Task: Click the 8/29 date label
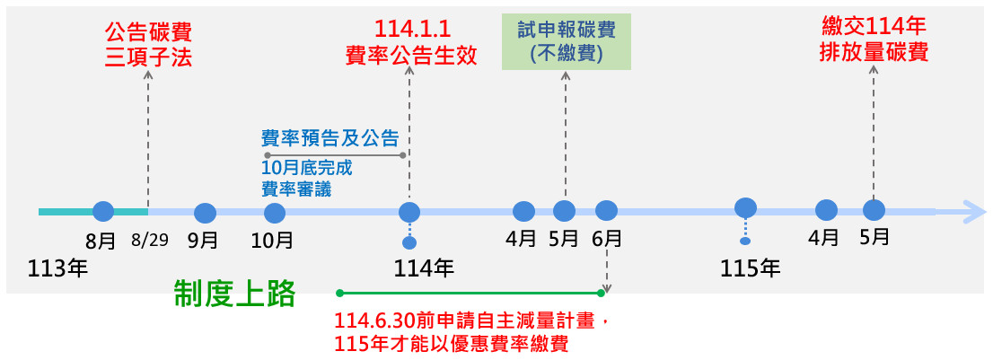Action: click(x=148, y=241)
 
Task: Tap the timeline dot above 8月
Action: click(x=103, y=212)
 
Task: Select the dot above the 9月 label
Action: click(x=206, y=213)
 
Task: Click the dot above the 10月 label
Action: click(x=275, y=213)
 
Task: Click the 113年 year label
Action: click(x=57, y=268)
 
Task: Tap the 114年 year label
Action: click(x=424, y=268)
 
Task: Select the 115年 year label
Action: click(x=751, y=268)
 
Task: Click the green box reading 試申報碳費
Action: click(x=566, y=42)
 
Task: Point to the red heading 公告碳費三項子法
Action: click(x=148, y=45)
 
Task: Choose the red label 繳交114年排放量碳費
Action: click(x=874, y=40)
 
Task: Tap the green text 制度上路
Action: click(x=234, y=294)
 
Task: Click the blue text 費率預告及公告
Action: click(x=330, y=138)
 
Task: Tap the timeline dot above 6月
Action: click(x=607, y=211)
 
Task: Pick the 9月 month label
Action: click(x=204, y=241)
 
